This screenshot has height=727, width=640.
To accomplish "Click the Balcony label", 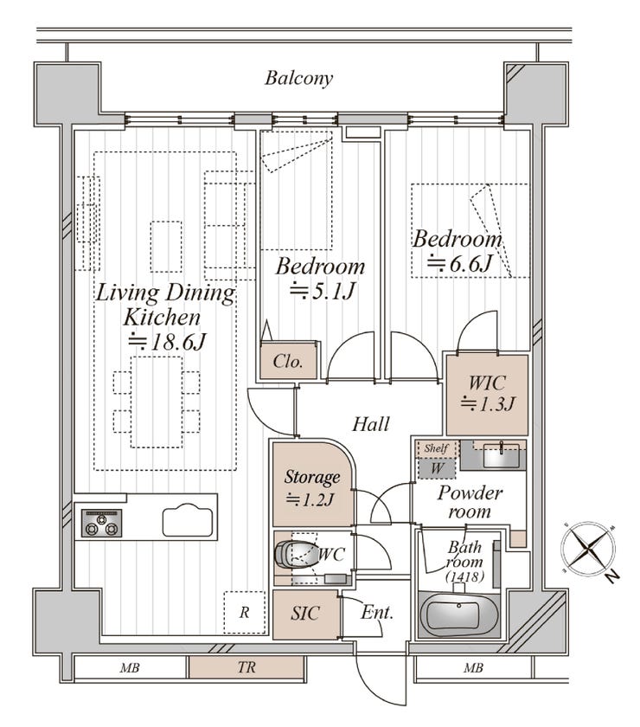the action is [298, 78].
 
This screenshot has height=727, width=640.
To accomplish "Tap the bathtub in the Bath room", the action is [458, 615].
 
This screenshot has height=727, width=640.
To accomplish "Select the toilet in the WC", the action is [293, 552].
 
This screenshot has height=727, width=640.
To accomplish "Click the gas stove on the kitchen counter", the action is [101, 523].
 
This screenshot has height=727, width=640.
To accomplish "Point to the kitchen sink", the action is [188, 521].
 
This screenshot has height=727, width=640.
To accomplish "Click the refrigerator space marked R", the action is [244, 613].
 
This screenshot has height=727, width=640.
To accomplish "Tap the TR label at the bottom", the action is [246, 667].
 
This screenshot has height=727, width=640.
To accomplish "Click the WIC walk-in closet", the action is [487, 395].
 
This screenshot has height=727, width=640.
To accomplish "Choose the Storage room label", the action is [312, 477].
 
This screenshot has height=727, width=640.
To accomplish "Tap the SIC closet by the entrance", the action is [305, 614].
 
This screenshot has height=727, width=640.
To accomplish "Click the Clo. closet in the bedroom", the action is [288, 361].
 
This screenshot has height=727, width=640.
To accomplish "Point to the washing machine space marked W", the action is [437, 468].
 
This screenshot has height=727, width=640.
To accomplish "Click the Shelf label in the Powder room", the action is [436, 448].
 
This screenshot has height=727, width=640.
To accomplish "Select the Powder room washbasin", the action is [502, 455].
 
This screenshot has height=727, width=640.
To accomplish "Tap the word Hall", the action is [371, 424].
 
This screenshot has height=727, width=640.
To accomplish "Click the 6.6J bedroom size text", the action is [459, 264].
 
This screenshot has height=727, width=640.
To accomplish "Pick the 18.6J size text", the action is [167, 342].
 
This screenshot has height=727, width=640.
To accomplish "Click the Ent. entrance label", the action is [377, 613].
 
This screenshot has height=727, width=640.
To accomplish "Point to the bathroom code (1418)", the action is [464, 576].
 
